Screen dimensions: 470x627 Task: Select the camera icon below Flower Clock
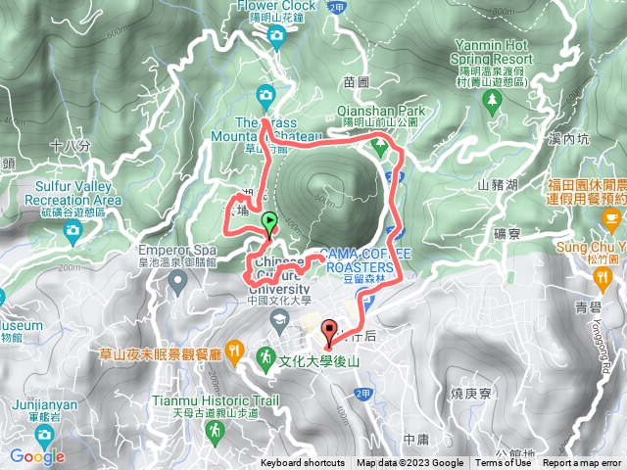coord(276,36)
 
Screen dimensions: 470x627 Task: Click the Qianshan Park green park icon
coord(379,146)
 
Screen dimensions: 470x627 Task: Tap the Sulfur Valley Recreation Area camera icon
coord(72,231)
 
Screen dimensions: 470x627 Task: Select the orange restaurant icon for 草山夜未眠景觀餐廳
coord(234,350)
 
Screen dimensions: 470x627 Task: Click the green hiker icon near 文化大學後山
coord(265,359)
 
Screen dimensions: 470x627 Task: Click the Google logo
coord(36,455)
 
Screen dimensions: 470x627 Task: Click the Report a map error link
coord(583,463)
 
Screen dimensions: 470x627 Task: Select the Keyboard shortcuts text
coord(303,463)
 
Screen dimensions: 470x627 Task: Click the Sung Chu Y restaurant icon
coord(602,277)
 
